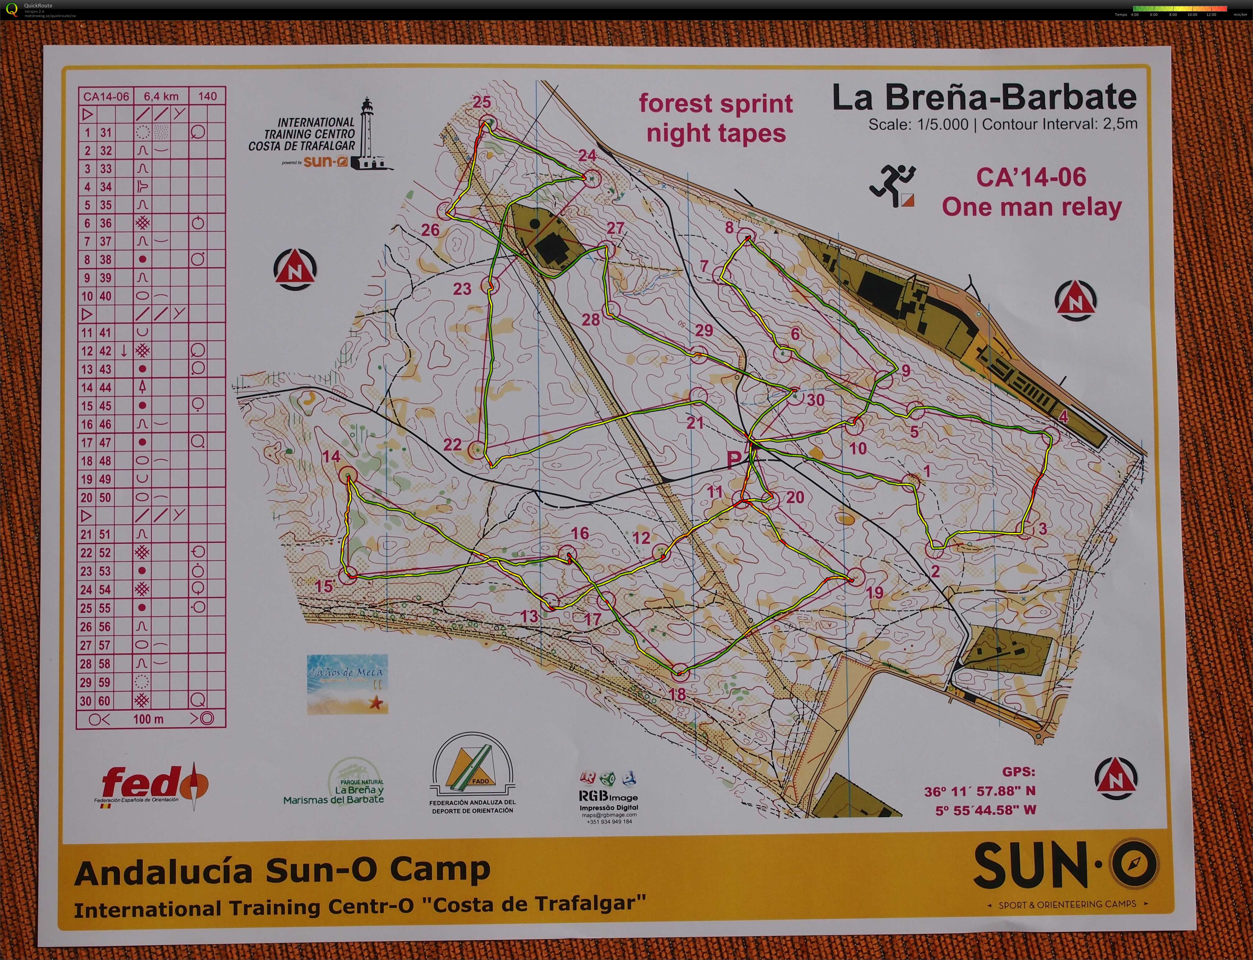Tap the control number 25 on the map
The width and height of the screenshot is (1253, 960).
tap(482, 102)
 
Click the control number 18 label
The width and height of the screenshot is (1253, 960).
tap(677, 694)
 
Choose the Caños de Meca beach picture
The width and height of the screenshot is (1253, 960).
tap(347, 683)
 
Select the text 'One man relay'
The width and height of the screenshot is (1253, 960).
tap(1031, 207)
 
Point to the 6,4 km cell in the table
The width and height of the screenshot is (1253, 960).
tap(161, 96)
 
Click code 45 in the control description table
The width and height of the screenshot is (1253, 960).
tap(105, 406)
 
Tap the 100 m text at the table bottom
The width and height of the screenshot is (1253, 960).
tap(148, 719)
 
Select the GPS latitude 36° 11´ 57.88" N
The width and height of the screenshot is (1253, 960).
tap(979, 791)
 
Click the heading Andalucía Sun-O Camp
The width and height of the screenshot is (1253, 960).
tap(282, 871)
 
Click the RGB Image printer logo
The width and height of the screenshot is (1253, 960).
tap(608, 795)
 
